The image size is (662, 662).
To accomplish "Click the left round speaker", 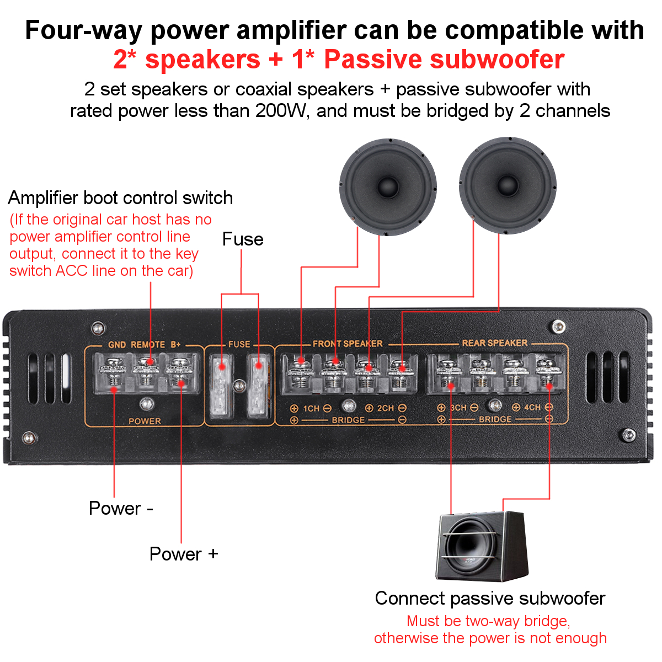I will pos(388,186).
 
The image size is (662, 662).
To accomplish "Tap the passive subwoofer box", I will pos(482,546).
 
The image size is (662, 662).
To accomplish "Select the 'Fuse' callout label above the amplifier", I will pos(243,239).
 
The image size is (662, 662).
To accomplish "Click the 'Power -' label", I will pos(121,508).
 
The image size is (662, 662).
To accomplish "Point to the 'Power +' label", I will pos(184,554).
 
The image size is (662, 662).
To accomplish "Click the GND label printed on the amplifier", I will pos(117,345).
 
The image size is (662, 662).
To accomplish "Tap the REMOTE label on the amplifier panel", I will pos(148,345).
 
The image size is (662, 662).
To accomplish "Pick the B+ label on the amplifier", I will pos(175,345).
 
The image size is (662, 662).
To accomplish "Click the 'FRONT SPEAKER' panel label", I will pos(348,344).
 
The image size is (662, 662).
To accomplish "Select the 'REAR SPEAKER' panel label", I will pos(494,343).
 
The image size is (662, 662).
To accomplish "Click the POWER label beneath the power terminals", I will pos(145,421).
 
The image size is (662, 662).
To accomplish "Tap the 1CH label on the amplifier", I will pos(311,408).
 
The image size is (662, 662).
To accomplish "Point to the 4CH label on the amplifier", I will pos(532,408).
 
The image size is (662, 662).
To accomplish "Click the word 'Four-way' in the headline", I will pos(84,30).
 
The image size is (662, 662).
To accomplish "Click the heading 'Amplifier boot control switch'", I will pos(120,197).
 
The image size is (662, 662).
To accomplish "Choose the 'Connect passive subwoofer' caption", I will pos(490,599).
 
